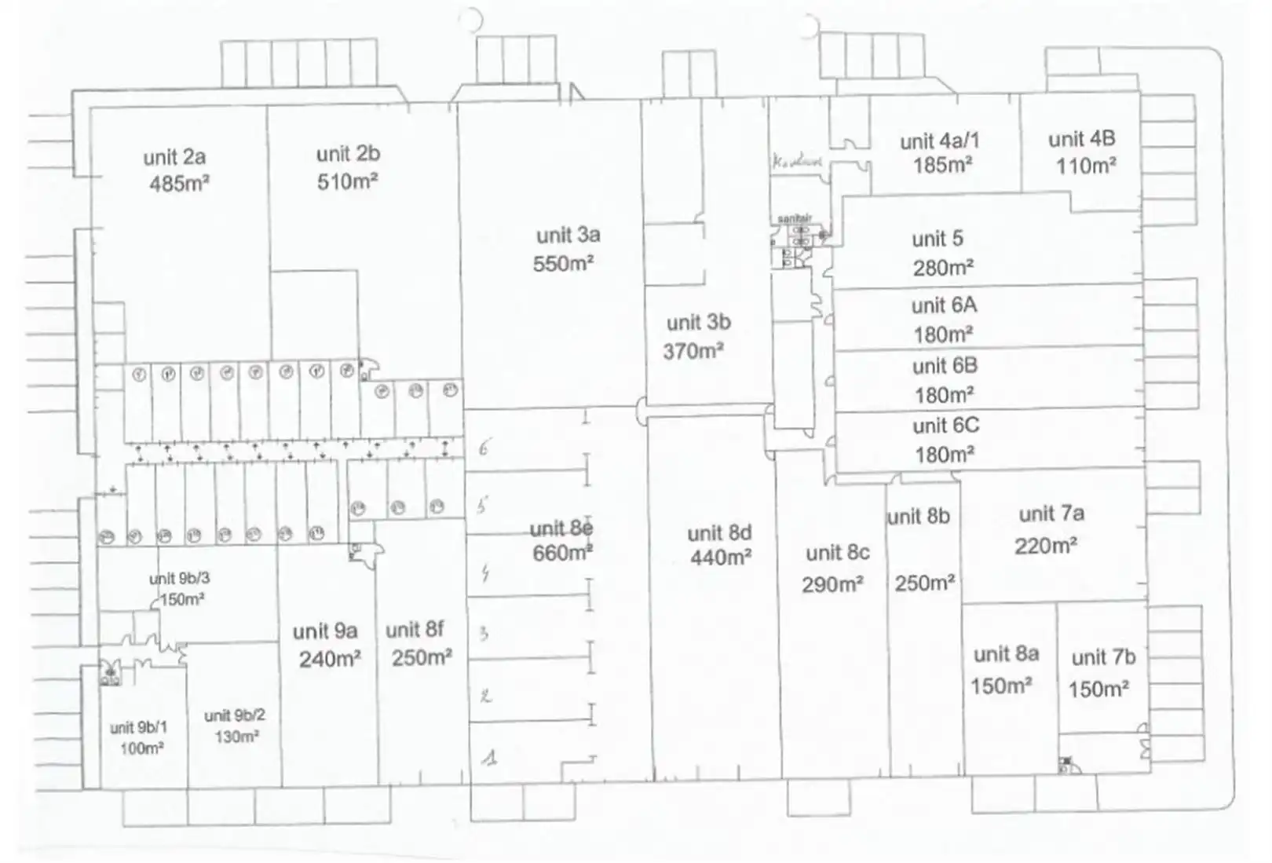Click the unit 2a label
(x=174, y=157)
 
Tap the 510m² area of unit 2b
(x=348, y=182)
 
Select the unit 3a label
(x=568, y=235)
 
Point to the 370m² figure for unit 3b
(x=693, y=351)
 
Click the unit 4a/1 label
(x=940, y=141)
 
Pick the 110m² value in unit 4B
(x=1086, y=166)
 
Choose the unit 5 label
(x=938, y=239)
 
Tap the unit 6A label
(x=944, y=305)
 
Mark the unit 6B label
(x=945, y=366)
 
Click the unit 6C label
(x=945, y=426)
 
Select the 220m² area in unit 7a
(x=1045, y=546)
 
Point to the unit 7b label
(x=1103, y=657)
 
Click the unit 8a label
(x=1006, y=654)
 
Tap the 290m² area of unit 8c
(x=832, y=585)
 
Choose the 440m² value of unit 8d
(x=721, y=558)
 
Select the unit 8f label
(x=415, y=630)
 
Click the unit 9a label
(x=325, y=631)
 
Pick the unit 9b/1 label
(x=138, y=728)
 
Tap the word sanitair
(x=794, y=218)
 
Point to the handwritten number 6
(x=484, y=448)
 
